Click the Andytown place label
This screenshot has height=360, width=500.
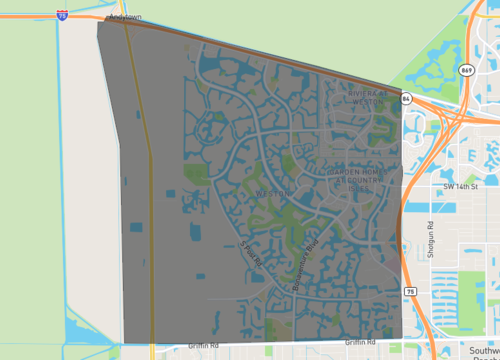[125, 17]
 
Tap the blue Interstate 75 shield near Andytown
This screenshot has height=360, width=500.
[64, 14]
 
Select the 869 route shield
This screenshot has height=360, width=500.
[467, 70]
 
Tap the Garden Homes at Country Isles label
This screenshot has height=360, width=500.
[354, 178]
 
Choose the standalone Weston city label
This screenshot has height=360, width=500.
[272, 192]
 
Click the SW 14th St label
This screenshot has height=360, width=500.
[462, 186]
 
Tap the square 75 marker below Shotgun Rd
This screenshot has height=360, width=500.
[410, 290]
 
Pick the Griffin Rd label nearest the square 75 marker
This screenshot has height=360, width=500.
[359, 342]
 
